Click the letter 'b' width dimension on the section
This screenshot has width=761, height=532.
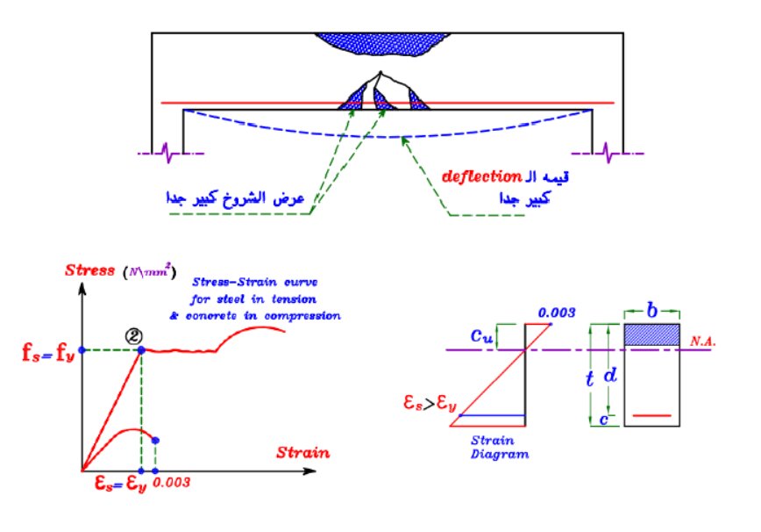[x=651, y=311]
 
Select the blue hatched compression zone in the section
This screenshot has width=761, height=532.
[x=651, y=334]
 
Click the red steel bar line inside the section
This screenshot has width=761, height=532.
[x=651, y=414]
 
